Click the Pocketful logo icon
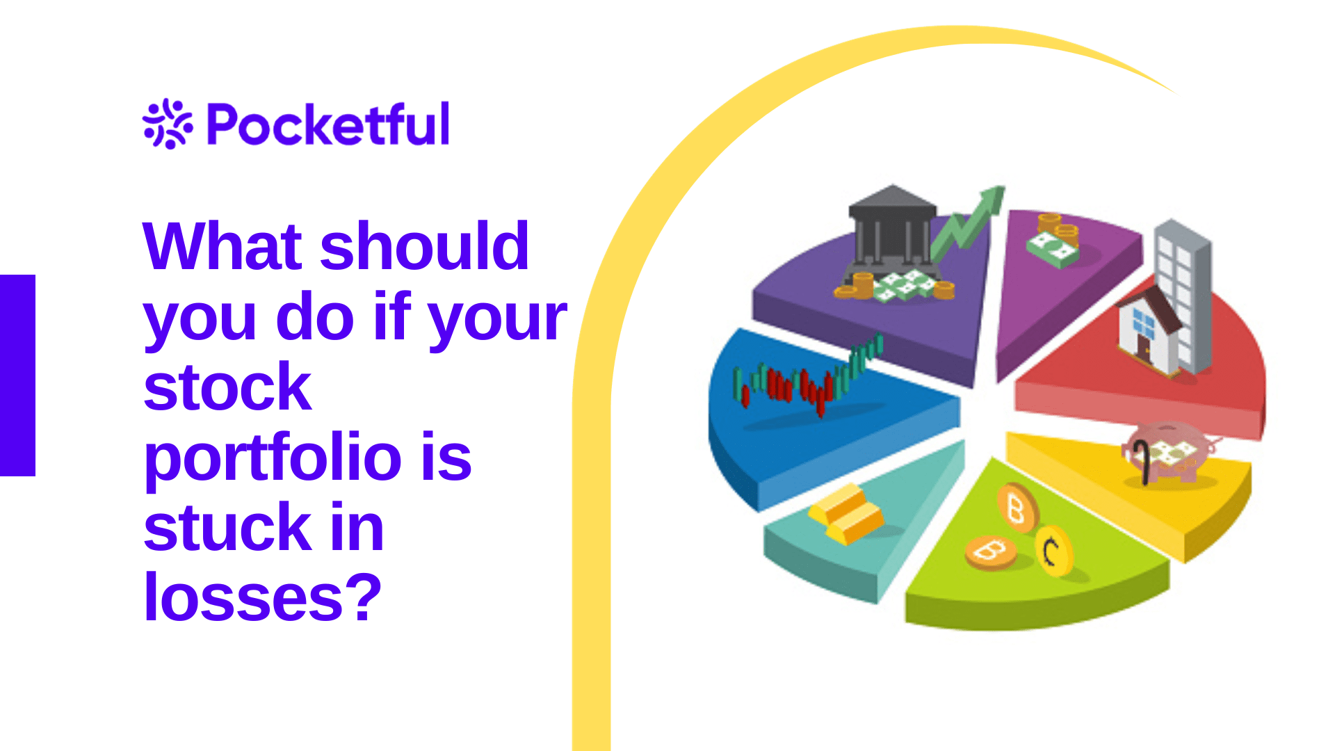[x=168, y=124]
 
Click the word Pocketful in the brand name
[x=329, y=124]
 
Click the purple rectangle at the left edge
[x=17, y=375]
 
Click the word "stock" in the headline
[x=227, y=387]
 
